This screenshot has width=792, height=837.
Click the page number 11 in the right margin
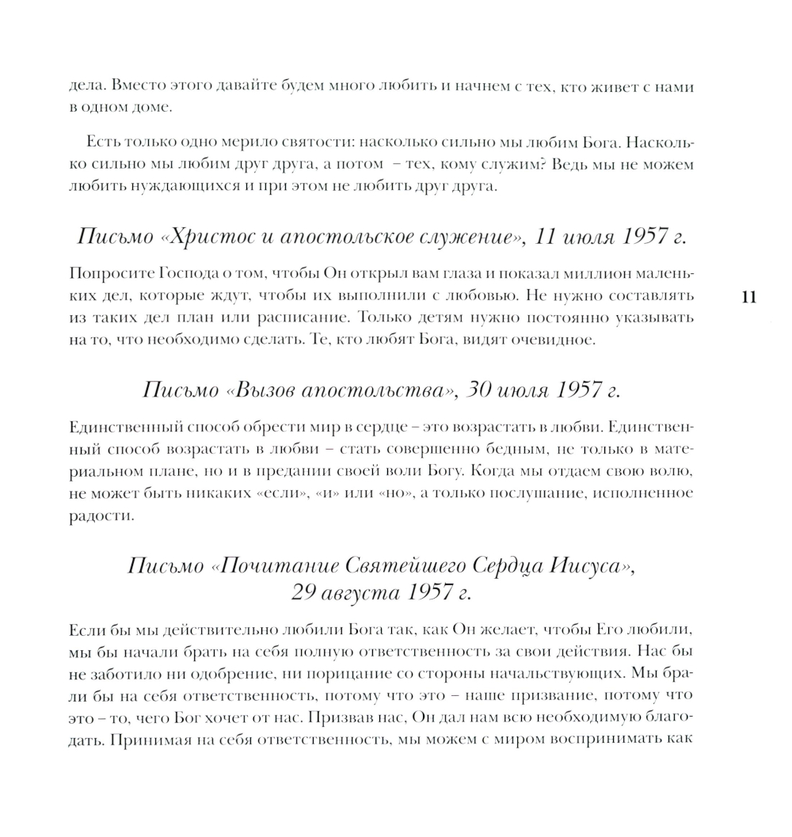[748, 298]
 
